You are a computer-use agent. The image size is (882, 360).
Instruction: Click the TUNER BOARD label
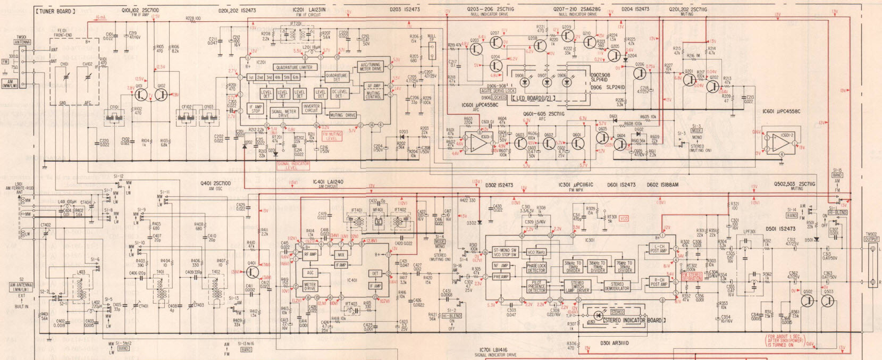55,11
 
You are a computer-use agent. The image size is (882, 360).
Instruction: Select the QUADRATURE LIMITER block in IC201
294,68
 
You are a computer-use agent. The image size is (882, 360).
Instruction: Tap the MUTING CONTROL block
373,95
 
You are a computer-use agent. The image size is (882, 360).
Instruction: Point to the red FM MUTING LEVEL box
331,136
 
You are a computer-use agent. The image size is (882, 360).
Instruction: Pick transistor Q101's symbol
141,94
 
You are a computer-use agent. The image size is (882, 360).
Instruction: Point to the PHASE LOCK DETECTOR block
536,268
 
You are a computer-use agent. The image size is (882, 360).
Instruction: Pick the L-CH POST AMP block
658,249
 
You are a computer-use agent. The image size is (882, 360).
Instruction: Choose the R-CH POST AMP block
658,282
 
